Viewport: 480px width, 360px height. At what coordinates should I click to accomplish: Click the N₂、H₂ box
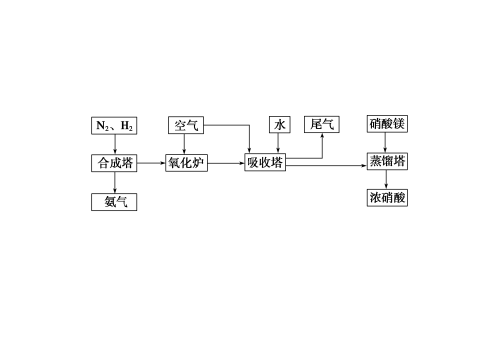point(114,125)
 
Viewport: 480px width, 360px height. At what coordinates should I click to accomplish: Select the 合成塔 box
point(114,163)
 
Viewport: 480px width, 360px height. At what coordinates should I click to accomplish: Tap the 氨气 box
point(114,202)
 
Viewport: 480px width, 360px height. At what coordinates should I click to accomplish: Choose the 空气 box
point(185,125)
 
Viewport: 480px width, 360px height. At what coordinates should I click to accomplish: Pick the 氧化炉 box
point(186,163)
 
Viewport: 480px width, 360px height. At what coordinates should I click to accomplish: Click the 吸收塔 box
point(265,163)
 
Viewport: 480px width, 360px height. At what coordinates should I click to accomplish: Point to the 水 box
point(279,124)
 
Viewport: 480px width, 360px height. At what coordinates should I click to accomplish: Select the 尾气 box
point(321,124)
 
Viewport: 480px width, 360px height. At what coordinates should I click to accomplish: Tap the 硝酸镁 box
point(386,124)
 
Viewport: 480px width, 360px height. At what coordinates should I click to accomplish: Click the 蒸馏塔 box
point(386,161)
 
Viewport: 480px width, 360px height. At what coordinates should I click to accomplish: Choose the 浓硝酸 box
point(386,197)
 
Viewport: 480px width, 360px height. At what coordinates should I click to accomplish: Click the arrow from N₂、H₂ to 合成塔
point(115,144)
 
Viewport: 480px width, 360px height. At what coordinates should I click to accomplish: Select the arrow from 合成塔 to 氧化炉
point(151,163)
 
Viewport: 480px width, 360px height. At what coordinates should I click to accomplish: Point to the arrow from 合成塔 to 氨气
point(115,182)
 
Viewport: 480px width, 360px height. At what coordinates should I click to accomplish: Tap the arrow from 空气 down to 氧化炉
point(184,144)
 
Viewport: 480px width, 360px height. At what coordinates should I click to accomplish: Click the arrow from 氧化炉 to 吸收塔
point(226,163)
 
